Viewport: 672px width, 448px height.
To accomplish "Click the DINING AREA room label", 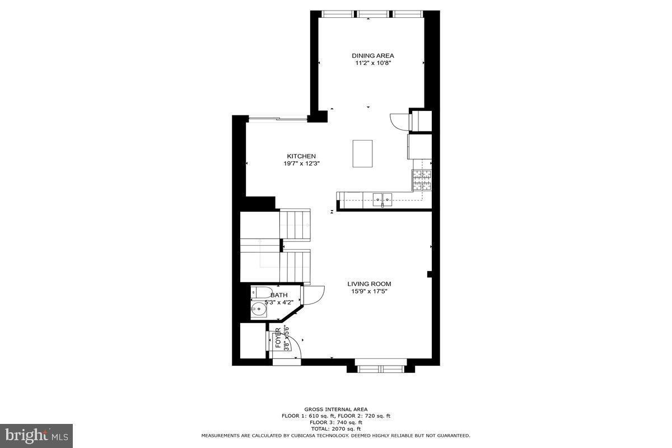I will point(372,55).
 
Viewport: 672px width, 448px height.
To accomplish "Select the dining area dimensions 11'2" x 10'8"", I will point(372,63).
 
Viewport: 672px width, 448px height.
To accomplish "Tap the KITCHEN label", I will point(301,156).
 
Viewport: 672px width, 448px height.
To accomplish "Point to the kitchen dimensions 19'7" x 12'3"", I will point(301,164).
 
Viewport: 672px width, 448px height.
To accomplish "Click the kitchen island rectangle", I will point(362,153).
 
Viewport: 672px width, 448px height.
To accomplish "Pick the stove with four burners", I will point(422,179).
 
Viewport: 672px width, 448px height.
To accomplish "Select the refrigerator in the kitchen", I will point(419,147).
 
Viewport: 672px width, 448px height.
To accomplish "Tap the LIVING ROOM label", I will point(369,284).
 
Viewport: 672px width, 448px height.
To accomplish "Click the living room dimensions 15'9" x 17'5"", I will point(369,291).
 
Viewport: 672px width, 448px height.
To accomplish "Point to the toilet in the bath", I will point(260,292).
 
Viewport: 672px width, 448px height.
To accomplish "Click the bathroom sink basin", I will point(259,309).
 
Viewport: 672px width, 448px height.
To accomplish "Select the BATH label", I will point(279,295).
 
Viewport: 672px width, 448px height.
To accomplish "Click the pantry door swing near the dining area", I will point(399,122).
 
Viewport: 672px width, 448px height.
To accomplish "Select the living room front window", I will point(380,368).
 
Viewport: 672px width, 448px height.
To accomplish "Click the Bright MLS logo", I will point(36,435).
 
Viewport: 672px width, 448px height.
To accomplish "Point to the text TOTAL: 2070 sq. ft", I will point(336,428).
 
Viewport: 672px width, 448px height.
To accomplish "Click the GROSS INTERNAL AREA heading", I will point(336,409).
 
